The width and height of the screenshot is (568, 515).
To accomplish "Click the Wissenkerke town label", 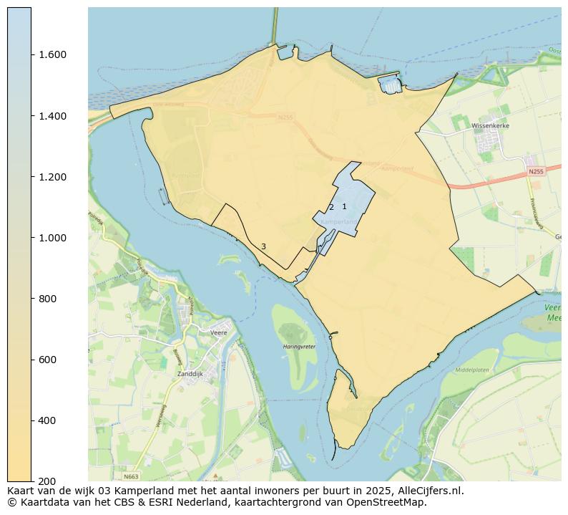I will tap(489, 125).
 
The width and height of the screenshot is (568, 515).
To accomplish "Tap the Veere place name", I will tap(218, 333).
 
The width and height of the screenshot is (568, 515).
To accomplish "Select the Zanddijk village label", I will tap(190, 374).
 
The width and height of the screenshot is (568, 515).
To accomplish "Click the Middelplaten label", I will tap(471, 370).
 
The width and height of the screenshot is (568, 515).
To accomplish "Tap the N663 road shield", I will tap(131, 476).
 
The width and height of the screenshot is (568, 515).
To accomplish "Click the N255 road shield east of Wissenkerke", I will tap(536, 172).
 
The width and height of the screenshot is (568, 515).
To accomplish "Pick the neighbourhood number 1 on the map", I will tap(344, 207).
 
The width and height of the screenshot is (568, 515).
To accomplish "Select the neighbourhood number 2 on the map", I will tap(331, 208).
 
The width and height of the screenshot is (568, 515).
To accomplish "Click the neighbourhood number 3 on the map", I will tap(263, 247).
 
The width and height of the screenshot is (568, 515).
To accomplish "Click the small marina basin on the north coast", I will tap(391, 86).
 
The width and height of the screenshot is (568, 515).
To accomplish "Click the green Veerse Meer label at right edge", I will tap(552, 312).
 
